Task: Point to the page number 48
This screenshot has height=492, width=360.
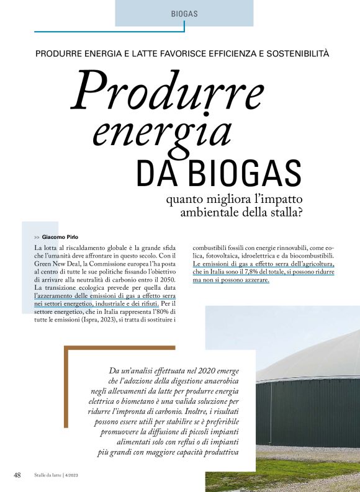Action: tap(18, 475)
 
